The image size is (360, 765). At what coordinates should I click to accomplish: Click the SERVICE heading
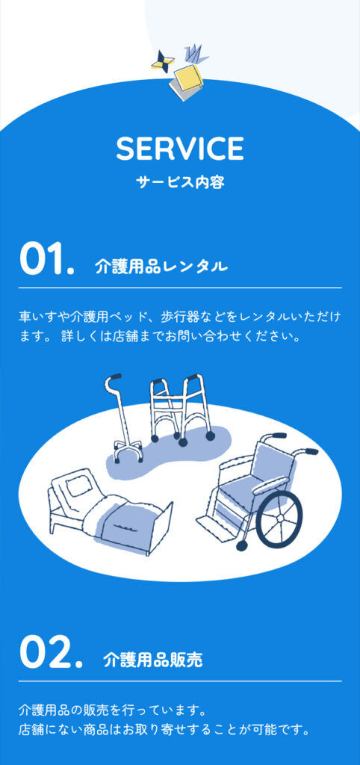pyautogui.click(x=180, y=149)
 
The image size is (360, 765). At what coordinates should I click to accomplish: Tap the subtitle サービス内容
pyautogui.click(x=180, y=182)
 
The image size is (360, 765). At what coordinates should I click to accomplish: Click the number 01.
pyautogui.click(x=47, y=259)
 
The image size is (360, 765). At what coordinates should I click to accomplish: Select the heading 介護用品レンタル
pyautogui.click(x=161, y=267)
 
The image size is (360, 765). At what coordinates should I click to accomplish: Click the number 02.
pyautogui.click(x=52, y=653)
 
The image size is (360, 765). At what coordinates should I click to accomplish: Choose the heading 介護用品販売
pyautogui.click(x=152, y=660)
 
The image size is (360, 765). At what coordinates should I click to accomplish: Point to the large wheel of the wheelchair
pyautogui.click(x=279, y=518)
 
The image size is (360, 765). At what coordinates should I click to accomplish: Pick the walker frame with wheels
pyautogui.click(x=181, y=410)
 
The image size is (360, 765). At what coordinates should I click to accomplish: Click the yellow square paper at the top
pyautogui.click(x=187, y=78)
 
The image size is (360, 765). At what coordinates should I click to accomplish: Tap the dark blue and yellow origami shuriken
pyautogui.click(x=162, y=61)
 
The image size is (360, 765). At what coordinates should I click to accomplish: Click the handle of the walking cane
pyautogui.click(x=113, y=377)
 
